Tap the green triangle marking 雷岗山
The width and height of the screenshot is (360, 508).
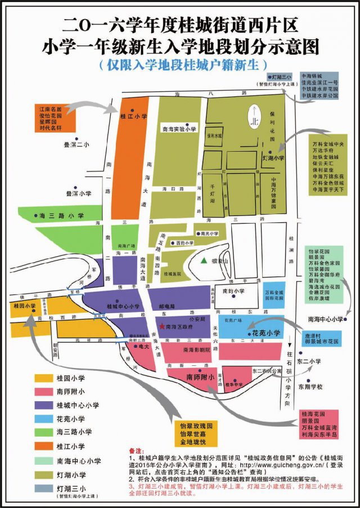coord(204,260)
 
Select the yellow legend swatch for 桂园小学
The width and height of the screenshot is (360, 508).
coord(43,379)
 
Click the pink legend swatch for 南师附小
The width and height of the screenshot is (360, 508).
coord(43,392)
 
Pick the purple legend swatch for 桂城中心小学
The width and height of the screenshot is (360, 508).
coord(43,405)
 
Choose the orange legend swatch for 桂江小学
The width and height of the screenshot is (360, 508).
coord(43,446)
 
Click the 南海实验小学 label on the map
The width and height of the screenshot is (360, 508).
coord(179,129)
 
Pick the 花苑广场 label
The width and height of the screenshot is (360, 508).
coord(232,322)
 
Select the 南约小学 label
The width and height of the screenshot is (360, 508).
coord(233,291)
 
